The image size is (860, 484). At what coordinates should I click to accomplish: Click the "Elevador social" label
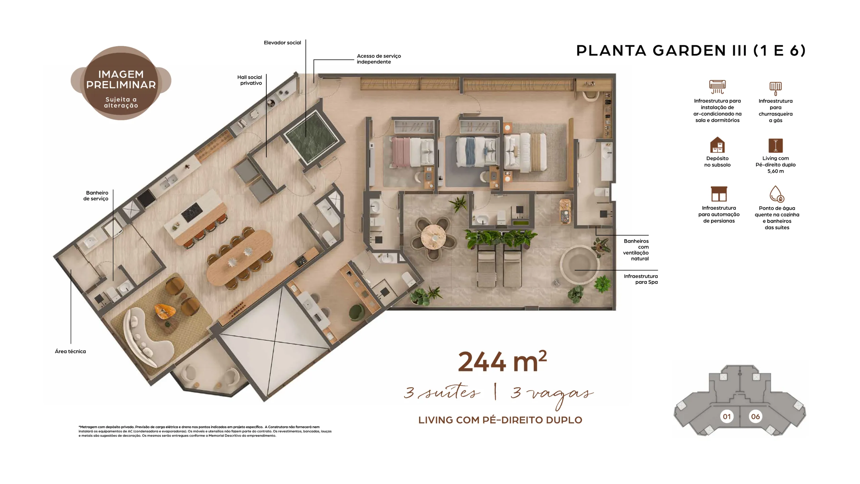click(282, 43)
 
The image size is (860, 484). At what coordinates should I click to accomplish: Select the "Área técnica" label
click(70, 351)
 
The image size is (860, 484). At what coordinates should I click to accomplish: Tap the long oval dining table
click(240, 257)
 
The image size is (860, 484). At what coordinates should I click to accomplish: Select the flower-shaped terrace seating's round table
click(433, 237)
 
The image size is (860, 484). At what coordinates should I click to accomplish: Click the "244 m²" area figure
click(502, 361)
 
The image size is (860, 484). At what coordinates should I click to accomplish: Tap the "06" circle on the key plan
click(755, 416)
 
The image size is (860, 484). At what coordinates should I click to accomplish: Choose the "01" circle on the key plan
click(727, 416)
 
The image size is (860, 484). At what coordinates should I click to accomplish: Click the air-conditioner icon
click(717, 87)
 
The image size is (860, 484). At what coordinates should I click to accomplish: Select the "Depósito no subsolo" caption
click(717, 161)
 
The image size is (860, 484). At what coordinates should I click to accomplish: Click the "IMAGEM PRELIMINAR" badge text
click(121, 79)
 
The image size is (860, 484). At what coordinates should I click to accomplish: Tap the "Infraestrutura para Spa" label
click(641, 279)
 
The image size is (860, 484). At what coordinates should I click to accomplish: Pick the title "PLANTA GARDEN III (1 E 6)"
click(691, 50)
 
